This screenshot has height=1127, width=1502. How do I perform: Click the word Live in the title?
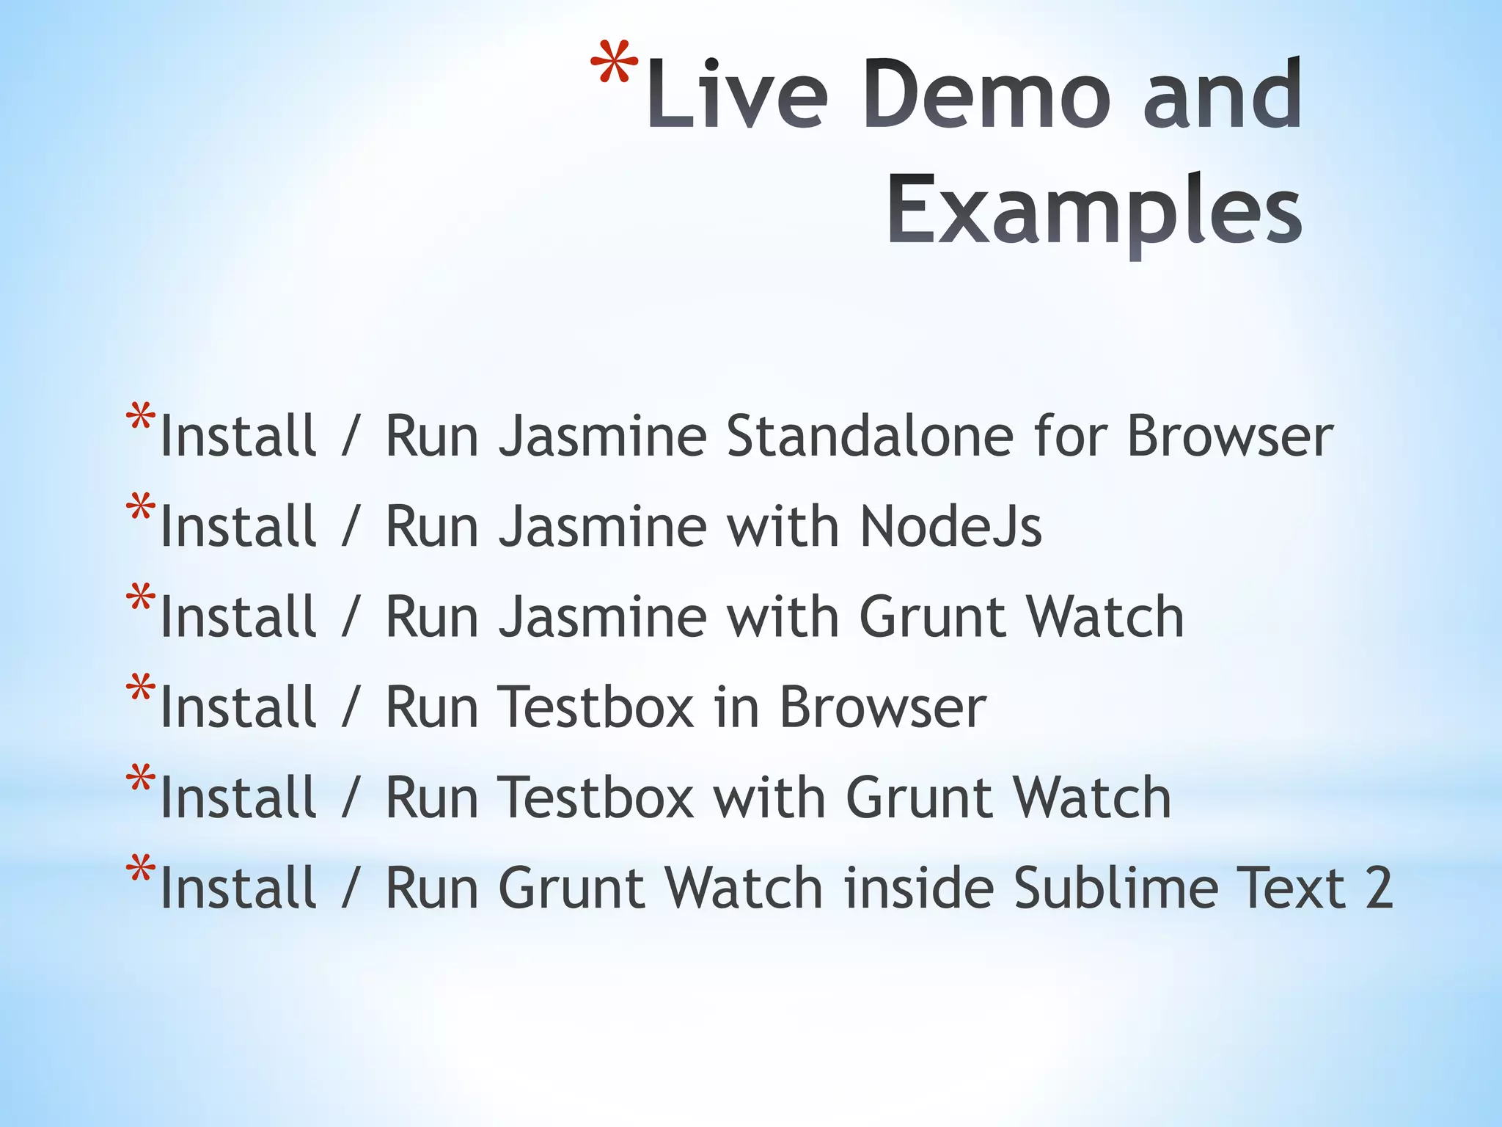pyautogui.click(x=737, y=95)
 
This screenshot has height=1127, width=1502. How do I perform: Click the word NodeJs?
pyautogui.click(x=950, y=526)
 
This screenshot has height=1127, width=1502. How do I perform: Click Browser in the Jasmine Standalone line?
pyautogui.click(x=1230, y=436)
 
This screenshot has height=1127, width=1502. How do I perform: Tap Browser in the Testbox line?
pyautogui.click(x=882, y=707)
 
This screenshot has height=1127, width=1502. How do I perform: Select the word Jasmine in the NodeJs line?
pyautogui.click(x=602, y=526)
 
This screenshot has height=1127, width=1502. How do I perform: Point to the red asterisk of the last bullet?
pyautogui.click(x=140, y=870)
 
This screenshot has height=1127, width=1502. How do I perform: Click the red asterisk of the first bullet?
pyautogui.click(x=140, y=418)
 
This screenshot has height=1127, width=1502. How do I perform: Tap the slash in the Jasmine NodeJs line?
pyautogui.click(x=351, y=528)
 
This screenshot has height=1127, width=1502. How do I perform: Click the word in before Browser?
pyautogui.click(x=736, y=707)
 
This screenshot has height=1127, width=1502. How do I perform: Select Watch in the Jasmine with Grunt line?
pyautogui.click(x=1105, y=617)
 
